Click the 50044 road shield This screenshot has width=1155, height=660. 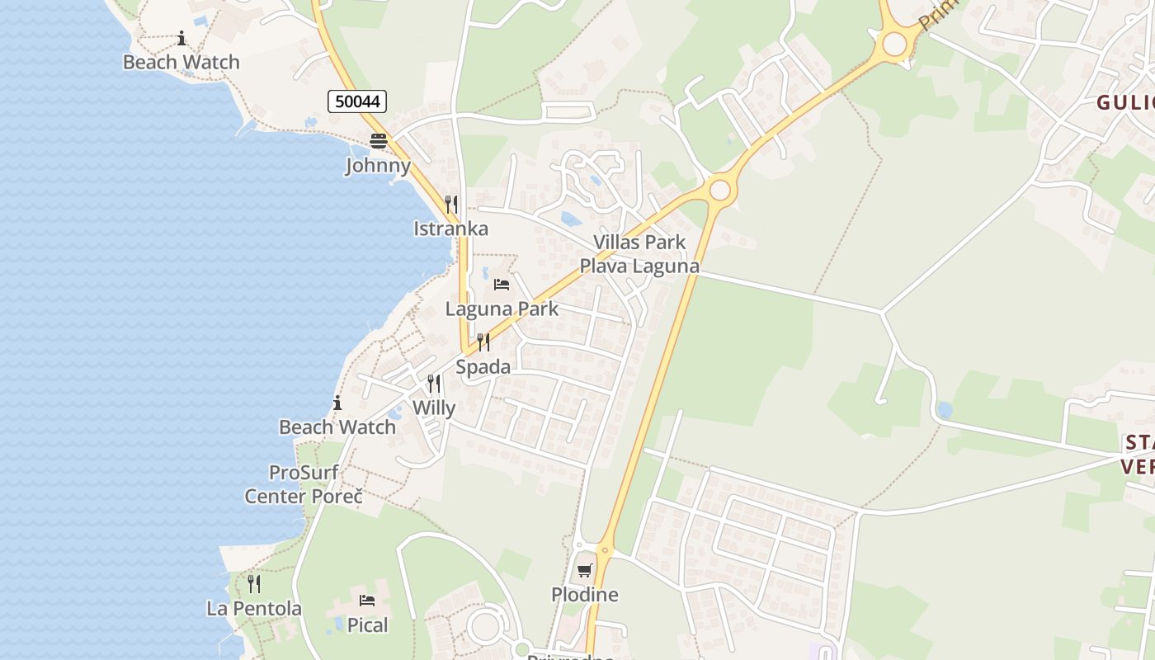click(357, 101)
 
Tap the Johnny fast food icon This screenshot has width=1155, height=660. click(379, 141)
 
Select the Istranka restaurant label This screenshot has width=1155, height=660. click(451, 229)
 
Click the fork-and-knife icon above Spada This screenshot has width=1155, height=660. click(483, 342)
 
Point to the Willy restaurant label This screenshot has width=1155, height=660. click(434, 408)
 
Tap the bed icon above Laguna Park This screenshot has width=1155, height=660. click(502, 285)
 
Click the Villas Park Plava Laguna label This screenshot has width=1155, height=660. click(639, 254)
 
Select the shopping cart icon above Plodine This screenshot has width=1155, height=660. click(585, 570)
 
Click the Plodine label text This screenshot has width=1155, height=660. click(585, 595)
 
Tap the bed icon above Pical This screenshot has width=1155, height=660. click(367, 601)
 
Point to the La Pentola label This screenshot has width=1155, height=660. click(254, 609)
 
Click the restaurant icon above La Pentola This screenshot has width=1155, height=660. click(254, 584)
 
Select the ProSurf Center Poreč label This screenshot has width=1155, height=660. click(304, 485)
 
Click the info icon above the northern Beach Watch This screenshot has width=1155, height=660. click(181, 38)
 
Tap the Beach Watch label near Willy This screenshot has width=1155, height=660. click(337, 427)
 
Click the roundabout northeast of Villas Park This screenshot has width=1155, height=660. click(720, 191)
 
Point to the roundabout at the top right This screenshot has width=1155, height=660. click(894, 44)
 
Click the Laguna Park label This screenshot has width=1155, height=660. click(502, 309)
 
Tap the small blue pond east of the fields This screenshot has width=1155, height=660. click(945, 409)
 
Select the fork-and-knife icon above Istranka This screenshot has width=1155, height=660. click(451, 205)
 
